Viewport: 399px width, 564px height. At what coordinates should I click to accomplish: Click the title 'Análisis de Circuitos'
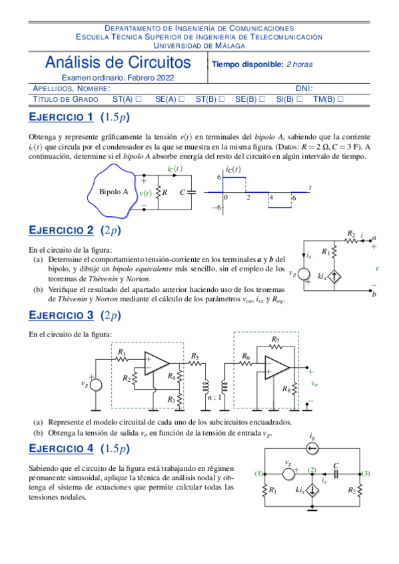117,63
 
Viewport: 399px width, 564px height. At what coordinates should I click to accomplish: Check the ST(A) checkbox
139,99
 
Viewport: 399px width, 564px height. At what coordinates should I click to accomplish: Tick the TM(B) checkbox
340,99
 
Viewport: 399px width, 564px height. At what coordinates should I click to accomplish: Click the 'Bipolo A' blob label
113,192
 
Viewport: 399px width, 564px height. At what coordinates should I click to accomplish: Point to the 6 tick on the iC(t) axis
218,178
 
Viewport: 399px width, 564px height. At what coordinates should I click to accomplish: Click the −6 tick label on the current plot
217,208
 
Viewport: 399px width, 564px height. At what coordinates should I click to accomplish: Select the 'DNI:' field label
304,88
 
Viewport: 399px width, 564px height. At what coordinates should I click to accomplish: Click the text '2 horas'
299,65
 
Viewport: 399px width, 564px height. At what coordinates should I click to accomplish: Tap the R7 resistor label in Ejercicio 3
276,340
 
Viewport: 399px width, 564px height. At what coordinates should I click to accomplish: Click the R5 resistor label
195,356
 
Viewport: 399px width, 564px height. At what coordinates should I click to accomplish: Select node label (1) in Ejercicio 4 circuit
259,473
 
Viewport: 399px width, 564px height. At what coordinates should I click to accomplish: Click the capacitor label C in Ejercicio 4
336,466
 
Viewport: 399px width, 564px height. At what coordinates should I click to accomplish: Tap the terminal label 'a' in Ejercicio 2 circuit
374,237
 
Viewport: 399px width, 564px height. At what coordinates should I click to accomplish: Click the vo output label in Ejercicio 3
314,384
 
